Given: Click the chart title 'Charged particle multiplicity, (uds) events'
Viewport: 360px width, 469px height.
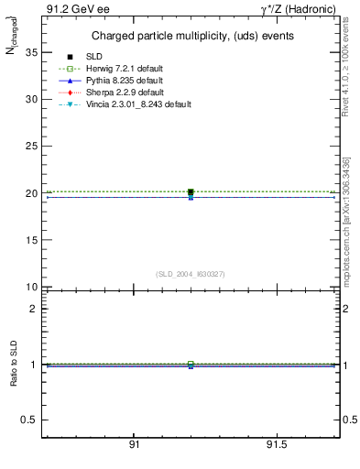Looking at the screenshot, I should tap(191, 36).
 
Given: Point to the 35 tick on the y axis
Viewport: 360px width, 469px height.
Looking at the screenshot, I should tap(30, 52).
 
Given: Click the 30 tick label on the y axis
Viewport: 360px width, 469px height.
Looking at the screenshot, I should tap(30, 99).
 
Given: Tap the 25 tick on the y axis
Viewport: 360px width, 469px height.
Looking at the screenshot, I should tap(30, 147).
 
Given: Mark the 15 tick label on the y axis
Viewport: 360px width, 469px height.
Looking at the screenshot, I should tap(30, 240).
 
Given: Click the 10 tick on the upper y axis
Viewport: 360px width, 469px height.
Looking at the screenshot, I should tap(30, 287).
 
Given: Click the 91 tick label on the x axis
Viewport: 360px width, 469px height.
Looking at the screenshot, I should tap(134, 444).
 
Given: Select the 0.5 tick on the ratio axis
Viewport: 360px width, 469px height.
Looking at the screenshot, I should tap(28, 420).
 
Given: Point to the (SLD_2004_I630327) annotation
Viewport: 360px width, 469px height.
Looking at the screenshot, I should tap(191, 273).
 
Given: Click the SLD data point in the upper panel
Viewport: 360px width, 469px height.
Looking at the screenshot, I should tap(191, 192).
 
